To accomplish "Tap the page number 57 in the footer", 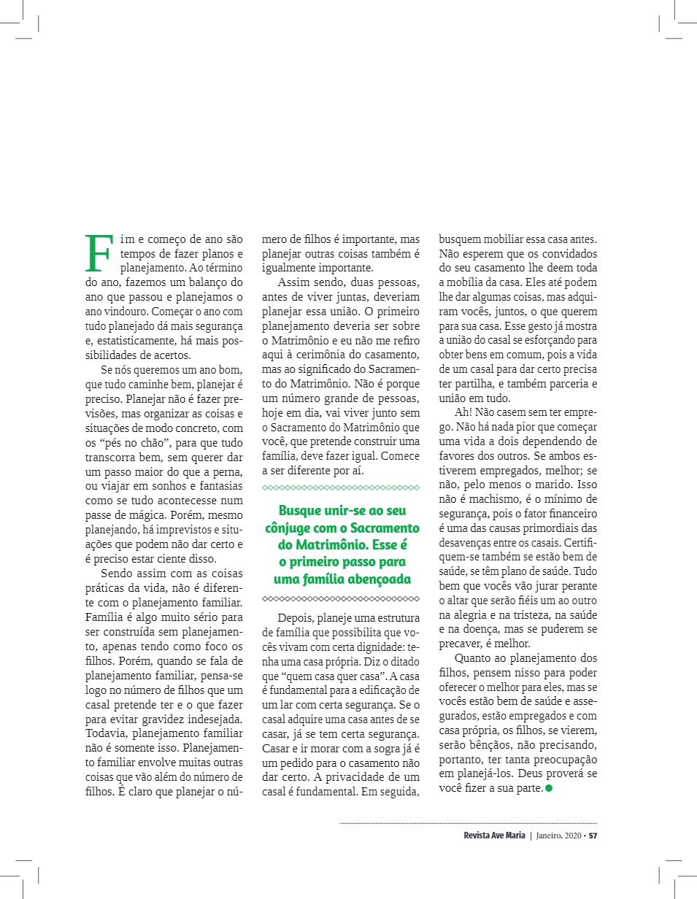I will point(593,836).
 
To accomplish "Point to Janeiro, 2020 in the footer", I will point(558,836).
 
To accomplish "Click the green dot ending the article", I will point(549,789).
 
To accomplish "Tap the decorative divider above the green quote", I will point(341,487).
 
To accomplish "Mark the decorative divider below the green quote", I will point(341,599).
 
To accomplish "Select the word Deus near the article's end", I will point(542,772).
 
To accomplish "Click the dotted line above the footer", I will point(468,823).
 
